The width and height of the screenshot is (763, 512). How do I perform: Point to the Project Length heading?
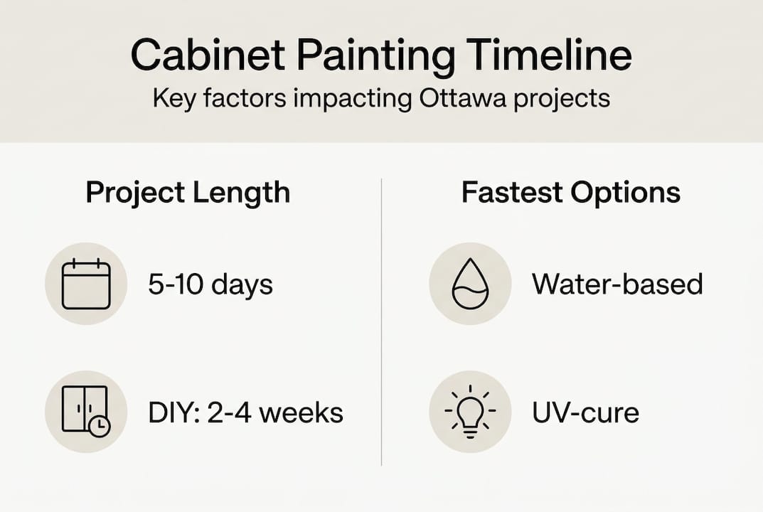coord(188,193)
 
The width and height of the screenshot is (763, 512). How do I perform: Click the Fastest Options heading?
coord(571,193)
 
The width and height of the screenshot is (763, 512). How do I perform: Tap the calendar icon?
coord(86,284)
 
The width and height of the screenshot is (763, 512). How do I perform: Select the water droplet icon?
coord(470,284)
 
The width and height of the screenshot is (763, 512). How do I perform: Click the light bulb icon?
coord(470,412)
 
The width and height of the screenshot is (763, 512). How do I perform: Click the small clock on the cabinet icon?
coord(100,425)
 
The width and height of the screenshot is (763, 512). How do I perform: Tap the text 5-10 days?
coord(210,285)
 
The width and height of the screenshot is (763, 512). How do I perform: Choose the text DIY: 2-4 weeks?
coord(245,412)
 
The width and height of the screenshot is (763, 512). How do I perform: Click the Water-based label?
coord(617,284)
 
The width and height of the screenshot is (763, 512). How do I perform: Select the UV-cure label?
coord(585,412)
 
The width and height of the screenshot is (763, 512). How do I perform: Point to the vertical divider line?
coord(382,320)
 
